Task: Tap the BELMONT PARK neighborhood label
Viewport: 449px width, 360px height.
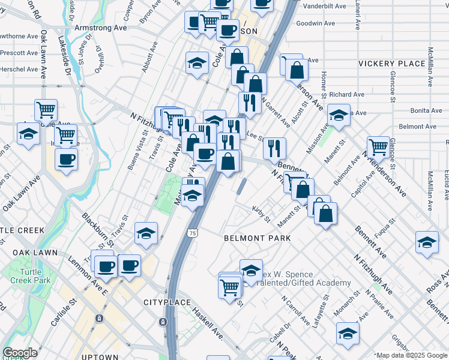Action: pos(257,238)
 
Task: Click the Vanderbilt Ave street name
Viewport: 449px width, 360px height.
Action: pos(325,6)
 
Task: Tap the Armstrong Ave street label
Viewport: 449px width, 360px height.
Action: pos(100,28)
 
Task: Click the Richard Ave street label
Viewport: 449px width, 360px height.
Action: pos(346,94)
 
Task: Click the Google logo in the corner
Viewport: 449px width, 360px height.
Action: pos(20,353)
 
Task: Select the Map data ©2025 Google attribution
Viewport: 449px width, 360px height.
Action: pos(411,355)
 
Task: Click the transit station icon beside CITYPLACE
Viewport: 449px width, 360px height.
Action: pos(163,322)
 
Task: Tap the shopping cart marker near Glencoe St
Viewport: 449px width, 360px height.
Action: pos(378,146)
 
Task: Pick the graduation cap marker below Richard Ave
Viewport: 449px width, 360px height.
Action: pos(339,116)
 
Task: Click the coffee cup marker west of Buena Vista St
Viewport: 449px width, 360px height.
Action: pos(66,160)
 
